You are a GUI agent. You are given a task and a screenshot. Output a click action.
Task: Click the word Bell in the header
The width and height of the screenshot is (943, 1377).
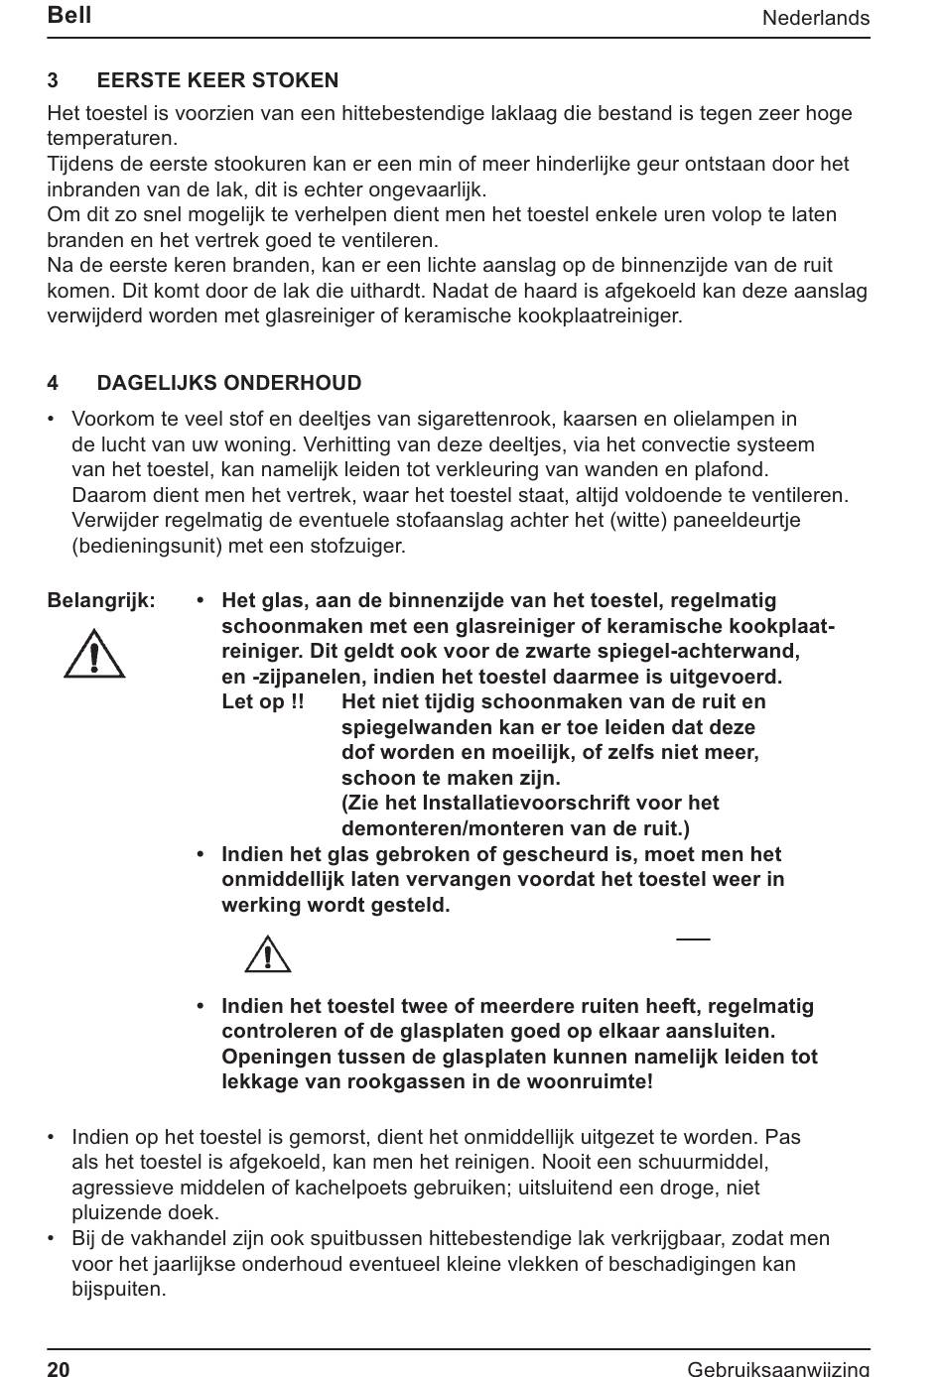coord(68,15)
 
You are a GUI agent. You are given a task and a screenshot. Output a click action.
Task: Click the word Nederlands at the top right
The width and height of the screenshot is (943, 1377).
coord(815,18)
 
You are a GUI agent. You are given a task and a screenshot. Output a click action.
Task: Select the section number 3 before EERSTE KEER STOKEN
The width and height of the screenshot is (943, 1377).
coord(53,80)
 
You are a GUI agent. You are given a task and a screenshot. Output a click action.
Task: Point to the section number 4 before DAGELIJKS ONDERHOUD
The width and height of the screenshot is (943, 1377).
coord(53,383)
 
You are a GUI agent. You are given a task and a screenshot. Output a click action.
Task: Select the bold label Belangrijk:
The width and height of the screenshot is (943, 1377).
coord(101,600)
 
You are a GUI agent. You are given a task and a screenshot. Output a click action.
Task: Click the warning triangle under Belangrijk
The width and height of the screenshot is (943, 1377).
coord(94,655)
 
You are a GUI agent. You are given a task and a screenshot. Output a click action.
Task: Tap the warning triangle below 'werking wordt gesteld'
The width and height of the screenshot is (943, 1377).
coord(268,954)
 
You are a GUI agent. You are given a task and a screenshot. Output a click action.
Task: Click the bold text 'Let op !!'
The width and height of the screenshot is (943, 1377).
coord(263,701)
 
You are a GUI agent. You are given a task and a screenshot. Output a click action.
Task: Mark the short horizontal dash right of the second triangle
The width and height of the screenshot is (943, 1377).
coord(693,938)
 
